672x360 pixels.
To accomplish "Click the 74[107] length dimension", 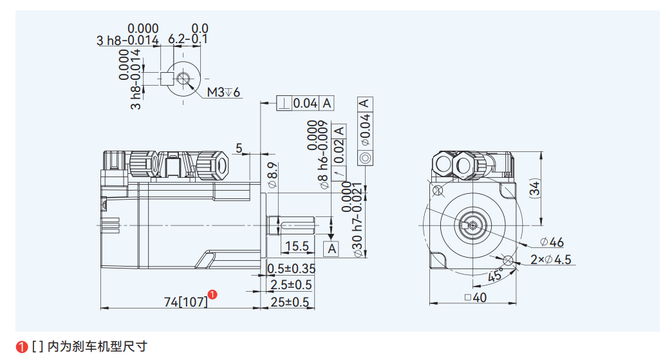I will [x=186, y=301].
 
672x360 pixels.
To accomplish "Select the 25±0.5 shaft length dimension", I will [x=289, y=301].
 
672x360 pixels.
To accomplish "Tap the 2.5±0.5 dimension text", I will [x=291, y=285].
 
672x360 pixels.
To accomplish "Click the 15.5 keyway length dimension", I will [x=297, y=246].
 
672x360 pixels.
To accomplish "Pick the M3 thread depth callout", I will [x=223, y=93].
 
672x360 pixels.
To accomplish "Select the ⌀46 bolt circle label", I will [x=552, y=242].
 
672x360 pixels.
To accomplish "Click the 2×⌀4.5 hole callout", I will [x=551, y=260].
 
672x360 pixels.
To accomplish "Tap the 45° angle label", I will [x=494, y=276].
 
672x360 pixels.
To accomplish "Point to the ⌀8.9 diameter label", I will [x=272, y=175].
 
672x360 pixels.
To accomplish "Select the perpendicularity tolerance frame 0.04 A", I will [x=305, y=103].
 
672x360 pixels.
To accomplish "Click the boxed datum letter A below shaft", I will [x=332, y=249].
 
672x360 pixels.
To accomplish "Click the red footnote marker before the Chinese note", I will [x=22, y=346].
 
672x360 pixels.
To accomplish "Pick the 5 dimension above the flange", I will [x=239, y=149].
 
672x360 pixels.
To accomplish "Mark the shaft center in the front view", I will [x=472, y=225].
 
